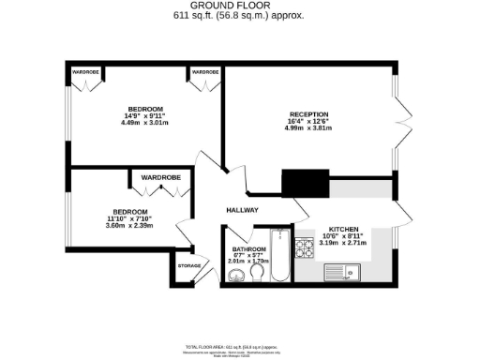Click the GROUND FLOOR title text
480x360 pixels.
point(240,7)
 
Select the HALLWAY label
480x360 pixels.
point(243,210)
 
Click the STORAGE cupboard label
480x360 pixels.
point(189,266)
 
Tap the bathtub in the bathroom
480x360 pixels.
point(279,258)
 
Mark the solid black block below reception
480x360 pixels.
point(304,184)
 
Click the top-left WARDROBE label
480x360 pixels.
point(85,72)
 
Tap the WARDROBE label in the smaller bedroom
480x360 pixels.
point(160,176)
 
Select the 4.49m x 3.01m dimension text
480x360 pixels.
point(146,121)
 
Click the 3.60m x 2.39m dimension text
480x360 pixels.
point(130,225)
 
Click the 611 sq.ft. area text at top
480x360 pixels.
point(240,17)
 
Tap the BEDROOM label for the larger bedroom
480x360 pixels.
point(146,107)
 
